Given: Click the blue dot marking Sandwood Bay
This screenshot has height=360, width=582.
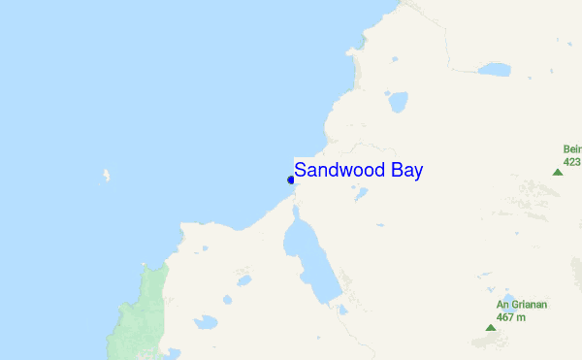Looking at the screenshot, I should [291, 180].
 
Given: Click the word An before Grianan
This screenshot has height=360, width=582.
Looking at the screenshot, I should [502, 305].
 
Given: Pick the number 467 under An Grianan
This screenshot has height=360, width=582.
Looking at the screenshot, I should [505, 316].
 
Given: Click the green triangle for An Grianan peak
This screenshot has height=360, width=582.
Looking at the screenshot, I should [490, 328].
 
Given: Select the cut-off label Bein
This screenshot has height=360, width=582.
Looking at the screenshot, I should [572, 149].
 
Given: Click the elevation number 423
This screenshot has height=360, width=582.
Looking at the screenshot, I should [572, 161].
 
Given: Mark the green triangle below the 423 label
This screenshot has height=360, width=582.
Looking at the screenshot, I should [557, 172].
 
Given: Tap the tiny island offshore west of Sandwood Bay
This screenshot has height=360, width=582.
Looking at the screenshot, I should [106, 177].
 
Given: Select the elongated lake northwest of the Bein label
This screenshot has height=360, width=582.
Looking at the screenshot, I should [494, 70].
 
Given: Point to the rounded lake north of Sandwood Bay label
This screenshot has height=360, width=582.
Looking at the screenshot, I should [397, 101].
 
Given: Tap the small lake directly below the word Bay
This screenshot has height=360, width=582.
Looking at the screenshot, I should [361, 194].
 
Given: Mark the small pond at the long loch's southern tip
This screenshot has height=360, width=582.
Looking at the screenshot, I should [341, 311].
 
